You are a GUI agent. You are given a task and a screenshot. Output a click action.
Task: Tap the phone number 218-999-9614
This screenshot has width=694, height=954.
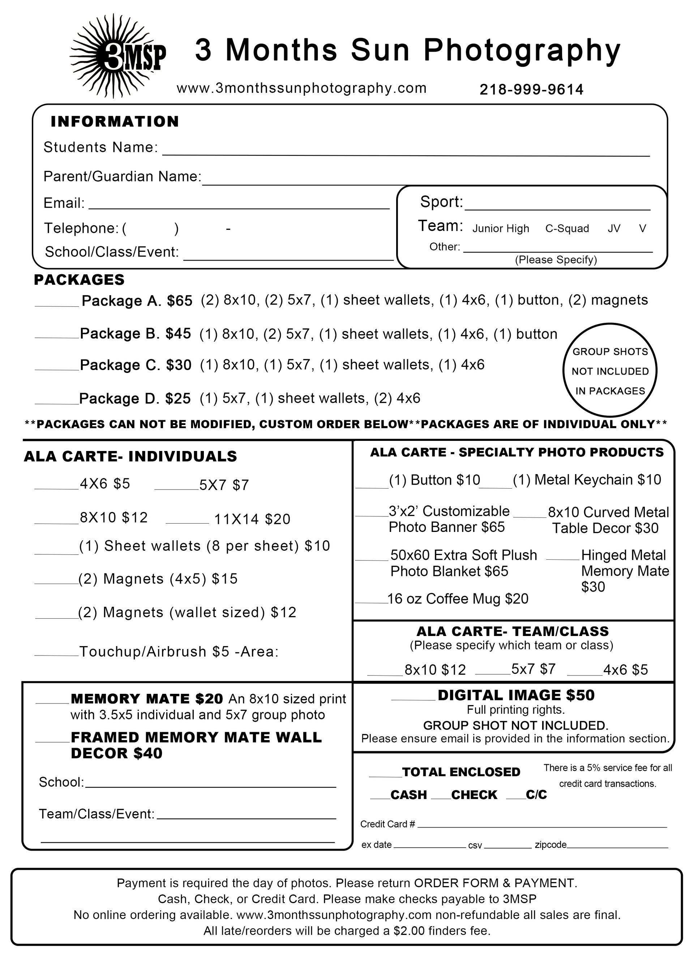pyautogui.click(x=531, y=90)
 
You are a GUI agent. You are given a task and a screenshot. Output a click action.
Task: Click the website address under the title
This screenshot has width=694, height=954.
pyautogui.click(x=301, y=88)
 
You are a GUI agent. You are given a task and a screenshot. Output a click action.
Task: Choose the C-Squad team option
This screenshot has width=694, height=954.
pyautogui.click(x=567, y=228)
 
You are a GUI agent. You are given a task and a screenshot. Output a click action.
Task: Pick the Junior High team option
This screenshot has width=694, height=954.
pyautogui.click(x=500, y=228)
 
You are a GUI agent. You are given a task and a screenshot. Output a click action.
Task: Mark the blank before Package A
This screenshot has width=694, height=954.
pyautogui.click(x=56, y=302)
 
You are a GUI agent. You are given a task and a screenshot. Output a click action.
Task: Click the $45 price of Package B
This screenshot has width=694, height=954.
pyautogui.click(x=178, y=334)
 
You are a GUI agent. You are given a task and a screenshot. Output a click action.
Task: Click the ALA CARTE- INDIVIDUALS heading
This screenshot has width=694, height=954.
pyautogui.click(x=130, y=456)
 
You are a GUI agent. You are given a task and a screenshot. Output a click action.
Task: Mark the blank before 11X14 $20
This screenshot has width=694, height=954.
pyautogui.click(x=187, y=520)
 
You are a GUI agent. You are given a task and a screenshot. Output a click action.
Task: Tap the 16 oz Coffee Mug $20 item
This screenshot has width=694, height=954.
pyautogui.click(x=458, y=598)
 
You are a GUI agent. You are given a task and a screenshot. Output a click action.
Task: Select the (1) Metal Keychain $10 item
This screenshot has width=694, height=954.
pyautogui.click(x=587, y=480)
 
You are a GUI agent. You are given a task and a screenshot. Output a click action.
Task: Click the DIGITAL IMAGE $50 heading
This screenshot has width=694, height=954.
pyautogui.click(x=516, y=695)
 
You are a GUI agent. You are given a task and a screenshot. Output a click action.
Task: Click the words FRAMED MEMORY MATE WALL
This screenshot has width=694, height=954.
pyautogui.click(x=196, y=738)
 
